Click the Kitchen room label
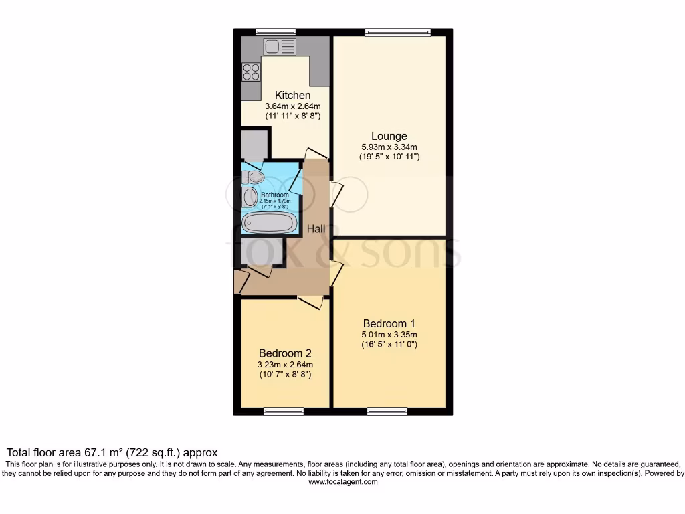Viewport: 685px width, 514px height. coord(292,96)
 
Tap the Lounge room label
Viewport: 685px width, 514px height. coord(389,136)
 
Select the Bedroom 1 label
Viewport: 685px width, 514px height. coord(389,323)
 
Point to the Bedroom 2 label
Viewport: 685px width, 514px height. coord(285,353)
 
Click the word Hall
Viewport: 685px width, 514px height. coord(316,229)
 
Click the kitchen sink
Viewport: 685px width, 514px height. coord(280,46)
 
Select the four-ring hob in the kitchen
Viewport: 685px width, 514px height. coord(252,71)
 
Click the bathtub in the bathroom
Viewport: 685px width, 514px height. coord(269,223)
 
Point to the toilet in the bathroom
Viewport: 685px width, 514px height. coord(252,177)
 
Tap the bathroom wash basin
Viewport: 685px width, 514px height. coord(250,197)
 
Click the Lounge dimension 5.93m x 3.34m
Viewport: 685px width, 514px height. coord(389,147)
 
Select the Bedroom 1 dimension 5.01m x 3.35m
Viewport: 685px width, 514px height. coord(389,335)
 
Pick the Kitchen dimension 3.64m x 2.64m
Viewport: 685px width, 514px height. coord(292,106)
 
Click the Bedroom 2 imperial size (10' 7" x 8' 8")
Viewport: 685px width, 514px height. coord(285,375)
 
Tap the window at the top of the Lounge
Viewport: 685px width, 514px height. coord(397,31)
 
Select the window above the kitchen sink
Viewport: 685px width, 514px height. coord(276,31)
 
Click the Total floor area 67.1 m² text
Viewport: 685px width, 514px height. coord(112,453)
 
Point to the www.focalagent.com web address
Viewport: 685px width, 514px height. coord(342,481)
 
